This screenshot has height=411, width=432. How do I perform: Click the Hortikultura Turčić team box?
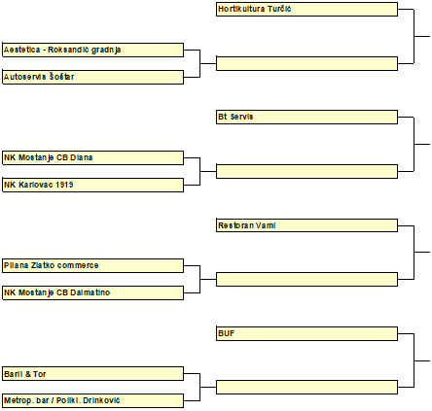click(x=306, y=9)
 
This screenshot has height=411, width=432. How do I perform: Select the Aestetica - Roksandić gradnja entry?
click(x=93, y=50)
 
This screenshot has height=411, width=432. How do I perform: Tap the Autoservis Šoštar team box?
click(x=93, y=77)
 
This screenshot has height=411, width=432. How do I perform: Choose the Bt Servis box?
click(x=306, y=117)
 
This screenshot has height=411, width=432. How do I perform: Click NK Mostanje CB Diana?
click(x=93, y=157)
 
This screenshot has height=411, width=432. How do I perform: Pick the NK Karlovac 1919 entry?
click(x=93, y=185)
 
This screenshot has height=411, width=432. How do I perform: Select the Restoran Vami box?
click(x=306, y=225)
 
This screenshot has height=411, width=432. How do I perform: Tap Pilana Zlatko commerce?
click(x=93, y=265)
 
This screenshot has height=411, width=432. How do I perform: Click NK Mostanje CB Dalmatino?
click(x=93, y=292)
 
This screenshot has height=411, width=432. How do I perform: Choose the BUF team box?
click(x=306, y=333)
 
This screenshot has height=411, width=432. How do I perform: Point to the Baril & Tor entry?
click(x=93, y=374)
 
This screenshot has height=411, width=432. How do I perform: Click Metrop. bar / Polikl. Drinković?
click(x=93, y=400)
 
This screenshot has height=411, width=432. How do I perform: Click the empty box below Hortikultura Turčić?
click(x=306, y=63)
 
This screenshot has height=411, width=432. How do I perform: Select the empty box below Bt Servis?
click(x=306, y=171)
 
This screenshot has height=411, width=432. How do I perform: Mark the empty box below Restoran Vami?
click(x=306, y=279)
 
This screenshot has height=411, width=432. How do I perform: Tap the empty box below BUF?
click(x=306, y=387)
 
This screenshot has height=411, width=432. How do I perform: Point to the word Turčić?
click(x=279, y=9)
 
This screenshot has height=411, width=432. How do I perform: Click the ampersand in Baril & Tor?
click(x=27, y=374)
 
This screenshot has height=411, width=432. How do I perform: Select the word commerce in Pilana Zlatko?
click(x=78, y=265)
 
